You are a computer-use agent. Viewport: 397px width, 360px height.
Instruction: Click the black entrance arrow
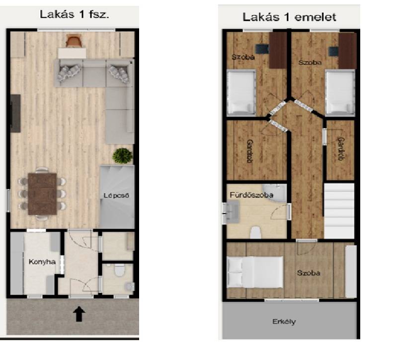[79, 314]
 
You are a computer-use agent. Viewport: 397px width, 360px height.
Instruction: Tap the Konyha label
[42, 262]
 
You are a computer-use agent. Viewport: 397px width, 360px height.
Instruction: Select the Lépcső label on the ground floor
[116, 195]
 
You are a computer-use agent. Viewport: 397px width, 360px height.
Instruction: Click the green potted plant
[123, 155]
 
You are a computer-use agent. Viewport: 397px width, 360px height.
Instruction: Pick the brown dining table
[42, 194]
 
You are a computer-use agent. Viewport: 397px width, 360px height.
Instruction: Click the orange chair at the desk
[74, 41]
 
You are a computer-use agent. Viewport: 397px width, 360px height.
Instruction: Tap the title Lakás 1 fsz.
[75, 14]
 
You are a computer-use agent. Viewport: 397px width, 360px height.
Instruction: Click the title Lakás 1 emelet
[289, 17]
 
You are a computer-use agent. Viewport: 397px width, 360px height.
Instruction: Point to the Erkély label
[284, 322]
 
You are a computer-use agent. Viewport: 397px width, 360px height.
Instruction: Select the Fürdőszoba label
[251, 195]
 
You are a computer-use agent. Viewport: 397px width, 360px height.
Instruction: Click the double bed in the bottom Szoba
[255, 272]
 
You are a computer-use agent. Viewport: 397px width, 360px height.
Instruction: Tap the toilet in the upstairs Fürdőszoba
[256, 232]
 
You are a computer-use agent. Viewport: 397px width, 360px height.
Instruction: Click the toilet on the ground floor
[119, 270]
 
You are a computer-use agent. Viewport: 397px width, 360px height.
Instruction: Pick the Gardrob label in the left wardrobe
[250, 151]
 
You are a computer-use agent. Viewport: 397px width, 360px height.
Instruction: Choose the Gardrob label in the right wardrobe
[341, 149]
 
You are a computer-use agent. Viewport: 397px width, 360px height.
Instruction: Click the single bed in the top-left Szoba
[241, 92]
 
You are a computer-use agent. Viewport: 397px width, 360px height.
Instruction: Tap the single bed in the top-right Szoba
[340, 92]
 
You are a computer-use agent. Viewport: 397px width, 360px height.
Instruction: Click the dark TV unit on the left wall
[15, 113]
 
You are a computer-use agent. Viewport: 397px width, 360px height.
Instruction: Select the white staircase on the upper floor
[339, 211]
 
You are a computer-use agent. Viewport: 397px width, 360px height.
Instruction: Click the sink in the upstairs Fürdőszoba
[232, 212]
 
